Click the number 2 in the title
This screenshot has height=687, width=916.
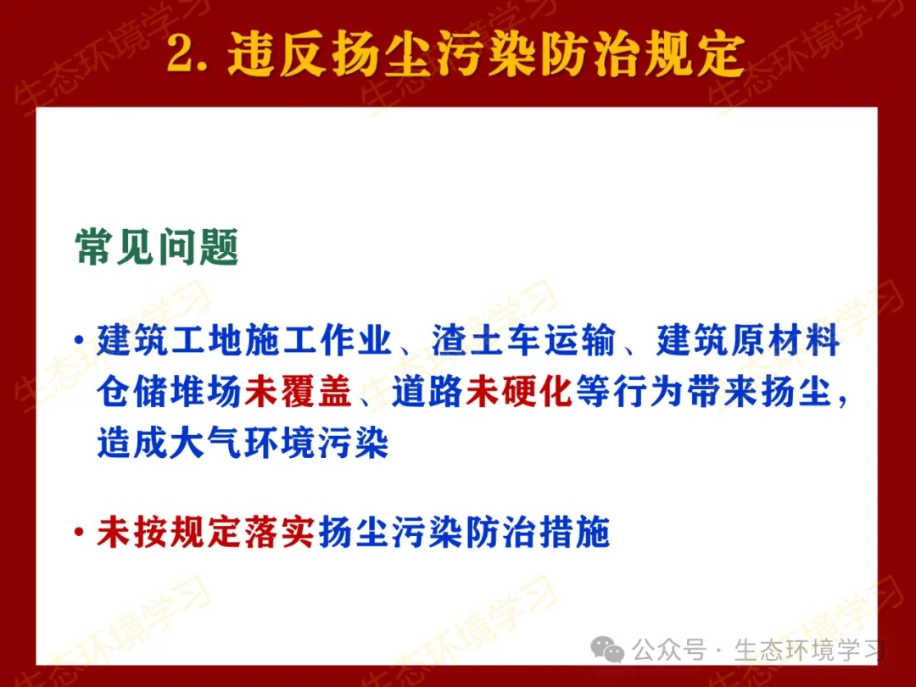183,54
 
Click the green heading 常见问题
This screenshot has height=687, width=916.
157,247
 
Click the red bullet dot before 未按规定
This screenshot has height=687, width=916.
78,532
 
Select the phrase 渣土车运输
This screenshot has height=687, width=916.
523,340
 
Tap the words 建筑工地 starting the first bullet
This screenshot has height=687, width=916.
170,340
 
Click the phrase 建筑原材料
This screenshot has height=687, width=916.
748,340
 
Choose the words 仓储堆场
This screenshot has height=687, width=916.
170,391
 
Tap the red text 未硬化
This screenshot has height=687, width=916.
519,391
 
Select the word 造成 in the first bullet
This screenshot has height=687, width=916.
132,442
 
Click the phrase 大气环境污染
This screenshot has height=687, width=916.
279,442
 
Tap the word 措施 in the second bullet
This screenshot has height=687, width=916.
574,532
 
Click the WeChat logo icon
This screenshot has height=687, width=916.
607,649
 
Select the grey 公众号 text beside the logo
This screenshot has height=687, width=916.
669,650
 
